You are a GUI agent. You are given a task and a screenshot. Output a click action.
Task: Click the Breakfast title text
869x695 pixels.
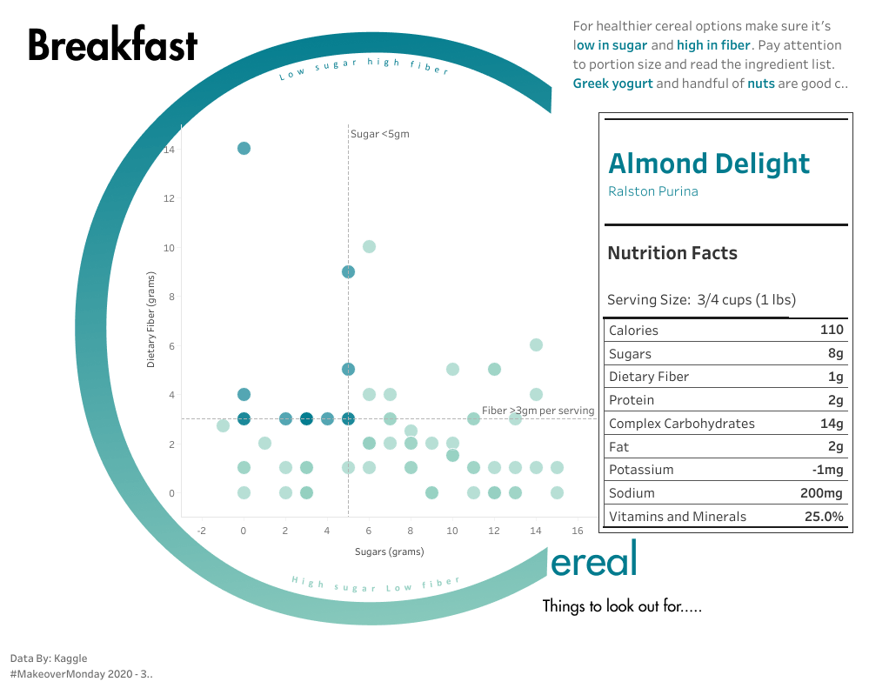113,45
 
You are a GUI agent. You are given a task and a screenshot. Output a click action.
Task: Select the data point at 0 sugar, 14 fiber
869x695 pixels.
244,148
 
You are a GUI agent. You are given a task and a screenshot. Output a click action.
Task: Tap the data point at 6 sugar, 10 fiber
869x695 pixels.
369,246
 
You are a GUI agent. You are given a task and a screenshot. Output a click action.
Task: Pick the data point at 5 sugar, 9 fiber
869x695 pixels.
348,271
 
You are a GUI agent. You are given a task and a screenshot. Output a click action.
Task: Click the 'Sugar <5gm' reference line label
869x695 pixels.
380,134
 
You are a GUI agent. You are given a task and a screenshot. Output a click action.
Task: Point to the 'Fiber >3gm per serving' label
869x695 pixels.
538,411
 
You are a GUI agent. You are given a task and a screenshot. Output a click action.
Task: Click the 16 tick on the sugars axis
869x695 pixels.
578,531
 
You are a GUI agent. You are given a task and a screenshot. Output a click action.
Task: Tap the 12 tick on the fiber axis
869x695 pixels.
170,198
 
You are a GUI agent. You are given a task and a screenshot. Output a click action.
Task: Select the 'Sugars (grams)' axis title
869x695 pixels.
390,551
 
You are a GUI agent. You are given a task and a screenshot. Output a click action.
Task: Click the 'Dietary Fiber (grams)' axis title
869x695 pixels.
150,318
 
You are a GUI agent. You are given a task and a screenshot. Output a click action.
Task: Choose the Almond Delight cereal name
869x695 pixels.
709,164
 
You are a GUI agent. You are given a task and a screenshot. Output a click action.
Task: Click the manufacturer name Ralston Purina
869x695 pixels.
653,191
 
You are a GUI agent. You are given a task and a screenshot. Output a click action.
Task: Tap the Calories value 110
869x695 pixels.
832,331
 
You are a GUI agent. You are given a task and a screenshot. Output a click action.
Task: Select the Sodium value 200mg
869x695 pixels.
822,493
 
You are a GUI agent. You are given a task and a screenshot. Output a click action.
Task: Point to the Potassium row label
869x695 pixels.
641,470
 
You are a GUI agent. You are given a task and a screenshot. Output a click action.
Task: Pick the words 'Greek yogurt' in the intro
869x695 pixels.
612,84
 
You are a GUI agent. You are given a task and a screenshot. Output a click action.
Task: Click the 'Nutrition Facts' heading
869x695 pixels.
672,253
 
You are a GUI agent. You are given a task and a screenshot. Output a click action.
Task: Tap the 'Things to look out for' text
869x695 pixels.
622,605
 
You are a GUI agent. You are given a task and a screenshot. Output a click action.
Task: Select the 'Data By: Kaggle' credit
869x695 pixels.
49,658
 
